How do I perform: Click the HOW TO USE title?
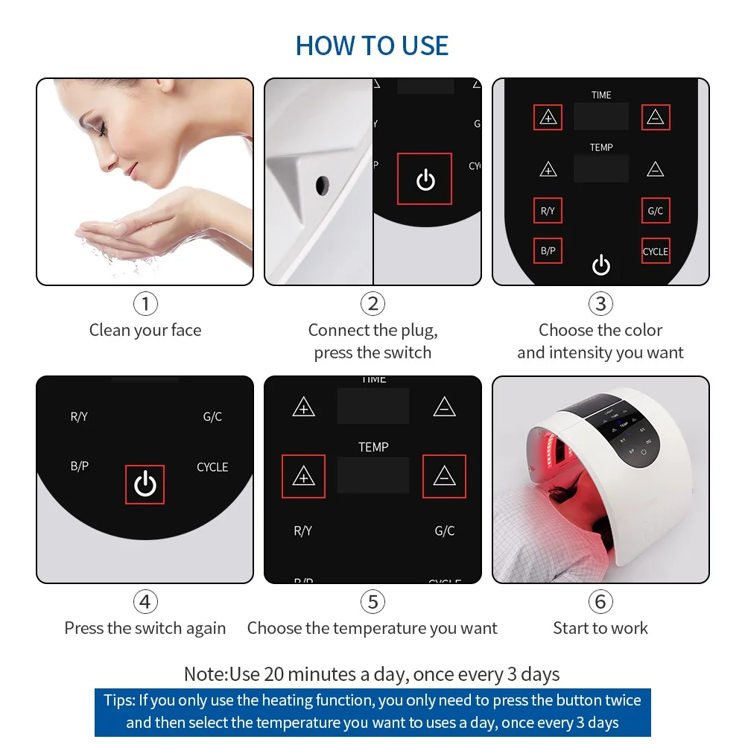[x=372, y=45]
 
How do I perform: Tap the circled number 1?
[x=145, y=303]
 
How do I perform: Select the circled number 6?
[x=600, y=601]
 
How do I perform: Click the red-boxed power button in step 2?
[x=425, y=179]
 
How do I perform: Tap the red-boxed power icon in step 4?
[x=145, y=484]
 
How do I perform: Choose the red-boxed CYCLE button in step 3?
[x=656, y=251]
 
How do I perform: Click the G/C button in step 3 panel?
[x=656, y=211]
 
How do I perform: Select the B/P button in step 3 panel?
[x=548, y=251]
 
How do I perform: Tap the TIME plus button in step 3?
[x=548, y=118]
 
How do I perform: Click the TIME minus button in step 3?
[x=656, y=118]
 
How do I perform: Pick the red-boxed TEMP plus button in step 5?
[x=303, y=477]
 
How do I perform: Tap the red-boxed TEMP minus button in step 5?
[x=444, y=477]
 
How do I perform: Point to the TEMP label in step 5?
[x=373, y=447]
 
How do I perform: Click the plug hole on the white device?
[x=323, y=184]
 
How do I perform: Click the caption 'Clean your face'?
[x=145, y=330]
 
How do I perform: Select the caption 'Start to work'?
[x=600, y=628]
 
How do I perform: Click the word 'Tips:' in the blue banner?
[x=119, y=700]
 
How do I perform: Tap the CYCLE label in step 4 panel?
[x=212, y=467]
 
